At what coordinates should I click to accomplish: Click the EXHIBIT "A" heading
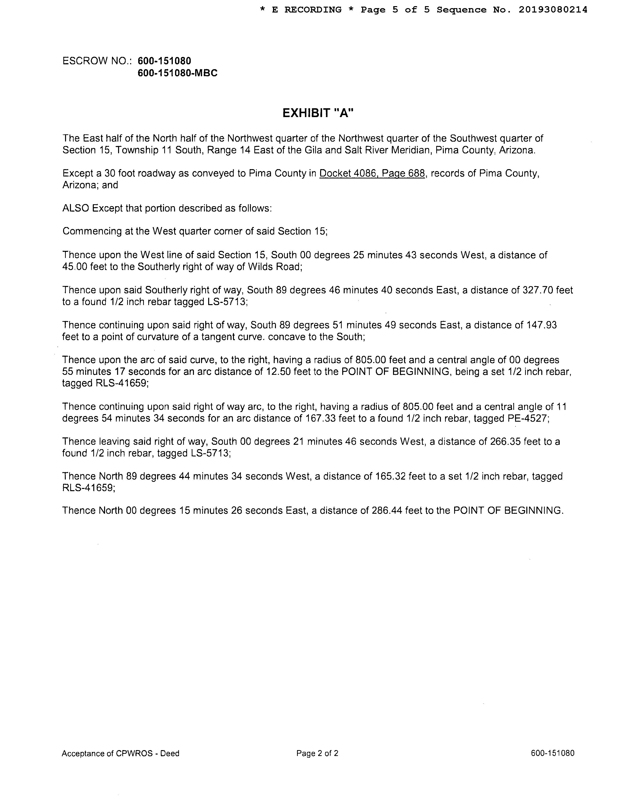click(x=318, y=113)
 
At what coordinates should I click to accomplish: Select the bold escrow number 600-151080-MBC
click(x=177, y=73)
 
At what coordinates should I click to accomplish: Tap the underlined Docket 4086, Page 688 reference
click(x=372, y=173)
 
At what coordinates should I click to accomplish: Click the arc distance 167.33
click(x=320, y=418)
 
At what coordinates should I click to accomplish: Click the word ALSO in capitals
click(x=76, y=208)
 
